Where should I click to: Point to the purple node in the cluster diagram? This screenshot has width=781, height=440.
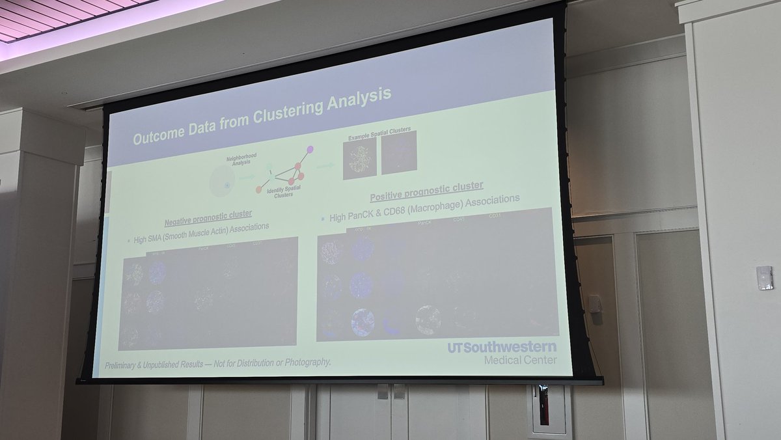click(310, 150)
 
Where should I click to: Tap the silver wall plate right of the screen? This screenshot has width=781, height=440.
click(764, 277)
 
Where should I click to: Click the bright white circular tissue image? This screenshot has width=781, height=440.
click(428, 319)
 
